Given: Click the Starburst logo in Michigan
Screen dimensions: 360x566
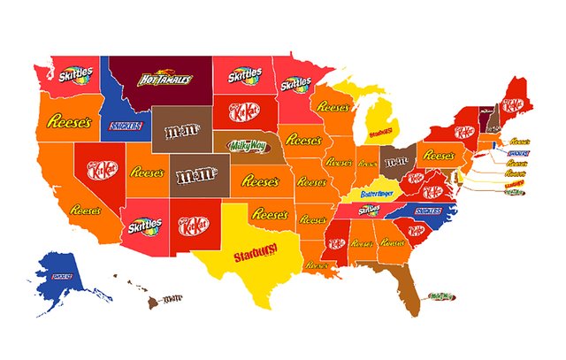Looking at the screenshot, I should click(x=380, y=134).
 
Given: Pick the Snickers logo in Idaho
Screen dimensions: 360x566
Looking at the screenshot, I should click(x=124, y=126).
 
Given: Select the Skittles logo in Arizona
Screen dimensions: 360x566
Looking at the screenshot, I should click(x=143, y=226).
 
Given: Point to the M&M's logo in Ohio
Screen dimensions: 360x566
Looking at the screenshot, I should click(x=395, y=162).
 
